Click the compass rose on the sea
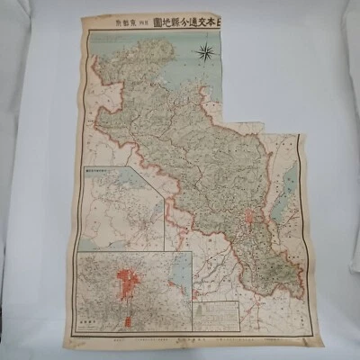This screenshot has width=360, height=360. point(205,51)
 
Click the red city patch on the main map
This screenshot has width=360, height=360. point(250,216)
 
